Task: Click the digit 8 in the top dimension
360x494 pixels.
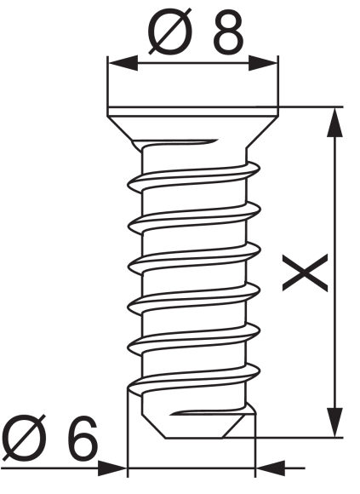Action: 229,32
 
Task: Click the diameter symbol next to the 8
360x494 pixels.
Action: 170,32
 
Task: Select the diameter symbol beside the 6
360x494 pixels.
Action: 23,438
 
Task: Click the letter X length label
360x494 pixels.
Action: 305,273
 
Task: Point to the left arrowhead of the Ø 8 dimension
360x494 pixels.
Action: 123,63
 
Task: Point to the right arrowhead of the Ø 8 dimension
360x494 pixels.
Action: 263,63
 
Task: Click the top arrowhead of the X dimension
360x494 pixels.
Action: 334,123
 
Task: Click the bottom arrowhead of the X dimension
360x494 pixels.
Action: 334,422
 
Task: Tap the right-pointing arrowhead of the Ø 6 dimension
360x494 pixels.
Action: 112,468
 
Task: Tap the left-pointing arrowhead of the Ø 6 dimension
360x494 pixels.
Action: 271,468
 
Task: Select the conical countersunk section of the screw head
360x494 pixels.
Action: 192,129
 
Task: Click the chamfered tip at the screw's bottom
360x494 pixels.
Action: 198,425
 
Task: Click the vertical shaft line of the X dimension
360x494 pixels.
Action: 334,273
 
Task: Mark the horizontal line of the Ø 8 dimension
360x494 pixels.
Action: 193,63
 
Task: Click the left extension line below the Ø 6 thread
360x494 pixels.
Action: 128,432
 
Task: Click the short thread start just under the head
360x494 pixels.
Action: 180,142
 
